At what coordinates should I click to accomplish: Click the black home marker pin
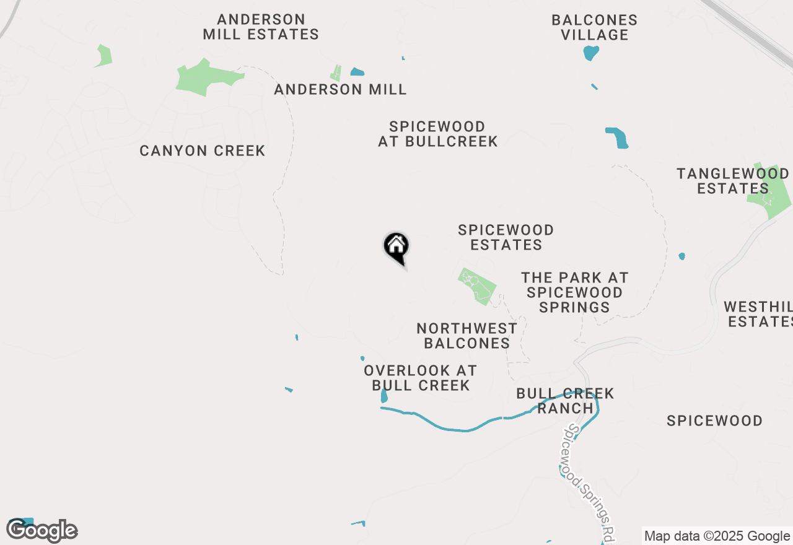pos(396,247)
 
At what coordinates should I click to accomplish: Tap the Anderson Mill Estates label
pos(261,27)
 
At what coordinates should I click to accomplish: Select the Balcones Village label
pos(595,27)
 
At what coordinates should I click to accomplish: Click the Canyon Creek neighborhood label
pos(203,150)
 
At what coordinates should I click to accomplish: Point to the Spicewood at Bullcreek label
pos(438,134)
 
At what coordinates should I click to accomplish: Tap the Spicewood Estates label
pos(506,237)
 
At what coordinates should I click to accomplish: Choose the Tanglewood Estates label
pos(732,181)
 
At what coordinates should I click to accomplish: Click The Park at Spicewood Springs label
pos(574,292)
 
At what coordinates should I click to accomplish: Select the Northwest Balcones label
pos(467,335)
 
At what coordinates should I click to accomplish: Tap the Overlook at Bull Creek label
pos(420,378)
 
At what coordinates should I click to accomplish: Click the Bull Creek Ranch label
pos(565,401)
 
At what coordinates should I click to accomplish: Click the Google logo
pos(42,531)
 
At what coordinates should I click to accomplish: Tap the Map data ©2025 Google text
pos(717,536)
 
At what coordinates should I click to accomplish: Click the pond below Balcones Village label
pos(591,53)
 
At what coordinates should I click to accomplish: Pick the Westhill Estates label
pos(760,314)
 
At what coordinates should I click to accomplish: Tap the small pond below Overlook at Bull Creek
pos(384,396)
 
